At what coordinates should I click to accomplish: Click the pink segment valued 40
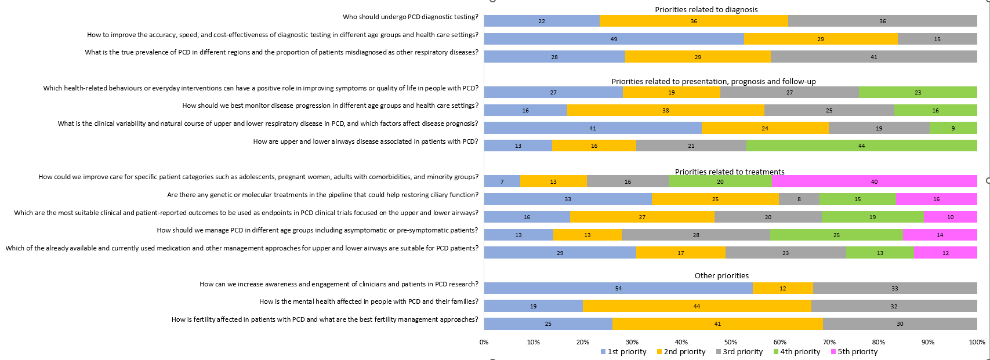tap(875, 181)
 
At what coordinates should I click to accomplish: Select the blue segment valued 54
tap(618, 288)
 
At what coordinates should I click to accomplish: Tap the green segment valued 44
tap(861, 146)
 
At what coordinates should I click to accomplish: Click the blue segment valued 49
tap(614, 39)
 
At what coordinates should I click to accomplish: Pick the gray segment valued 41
tap(873, 57)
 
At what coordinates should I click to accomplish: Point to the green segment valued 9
tap(953, 128)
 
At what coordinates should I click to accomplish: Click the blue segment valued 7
tap(502, 181)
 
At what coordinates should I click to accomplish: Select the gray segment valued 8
tap(799, 199)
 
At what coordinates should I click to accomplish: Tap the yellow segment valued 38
tap(665, 110)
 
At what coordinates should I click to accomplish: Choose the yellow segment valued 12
tap(782, 288)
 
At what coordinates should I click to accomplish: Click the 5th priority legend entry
tap(854, 352)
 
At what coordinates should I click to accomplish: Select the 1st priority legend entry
tap(623, 352)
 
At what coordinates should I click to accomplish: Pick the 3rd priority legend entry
tap(739, 352)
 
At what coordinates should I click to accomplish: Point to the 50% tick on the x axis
tap(731, 342)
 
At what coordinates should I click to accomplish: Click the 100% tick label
tap(977, 342)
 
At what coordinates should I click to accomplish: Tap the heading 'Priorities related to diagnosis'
tap(706, 9)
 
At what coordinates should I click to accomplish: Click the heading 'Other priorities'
tap(721, 276)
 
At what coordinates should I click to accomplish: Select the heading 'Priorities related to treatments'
tap(730, 172)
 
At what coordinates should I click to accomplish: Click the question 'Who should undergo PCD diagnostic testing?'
tap(410, 17)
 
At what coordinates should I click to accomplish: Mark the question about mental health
tap(368, 301)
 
